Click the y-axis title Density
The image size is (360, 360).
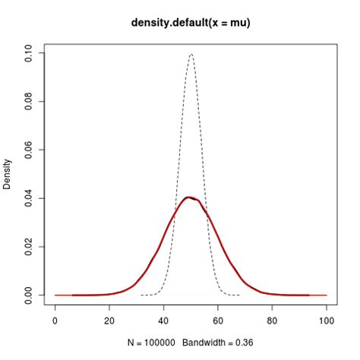[8, 174]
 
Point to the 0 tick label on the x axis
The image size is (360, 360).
[55, 321]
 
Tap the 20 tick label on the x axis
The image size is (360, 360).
[109, 321]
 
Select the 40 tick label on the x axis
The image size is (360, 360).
[164, 321]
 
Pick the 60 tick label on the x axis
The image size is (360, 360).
[218, 321]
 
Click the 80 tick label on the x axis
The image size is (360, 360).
[273, 321]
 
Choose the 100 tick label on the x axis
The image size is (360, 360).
[327, 321]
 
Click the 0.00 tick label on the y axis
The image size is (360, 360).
[29, 295]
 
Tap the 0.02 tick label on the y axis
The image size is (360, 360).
[29, 246]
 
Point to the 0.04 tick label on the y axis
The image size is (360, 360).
[29, 198]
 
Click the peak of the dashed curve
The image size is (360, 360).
[191, 54]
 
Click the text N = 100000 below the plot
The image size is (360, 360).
[155, 343]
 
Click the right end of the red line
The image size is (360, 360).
[326, 295]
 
